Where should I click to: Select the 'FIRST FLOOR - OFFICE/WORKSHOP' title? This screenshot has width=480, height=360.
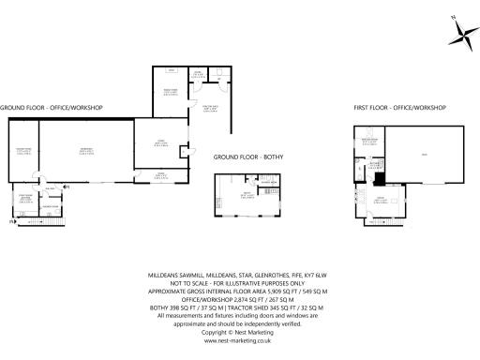(398, 108)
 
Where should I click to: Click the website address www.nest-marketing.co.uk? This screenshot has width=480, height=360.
(240, 341)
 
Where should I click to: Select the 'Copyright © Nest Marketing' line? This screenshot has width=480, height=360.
(240, 332)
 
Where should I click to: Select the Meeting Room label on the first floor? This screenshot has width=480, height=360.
(368, 143)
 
